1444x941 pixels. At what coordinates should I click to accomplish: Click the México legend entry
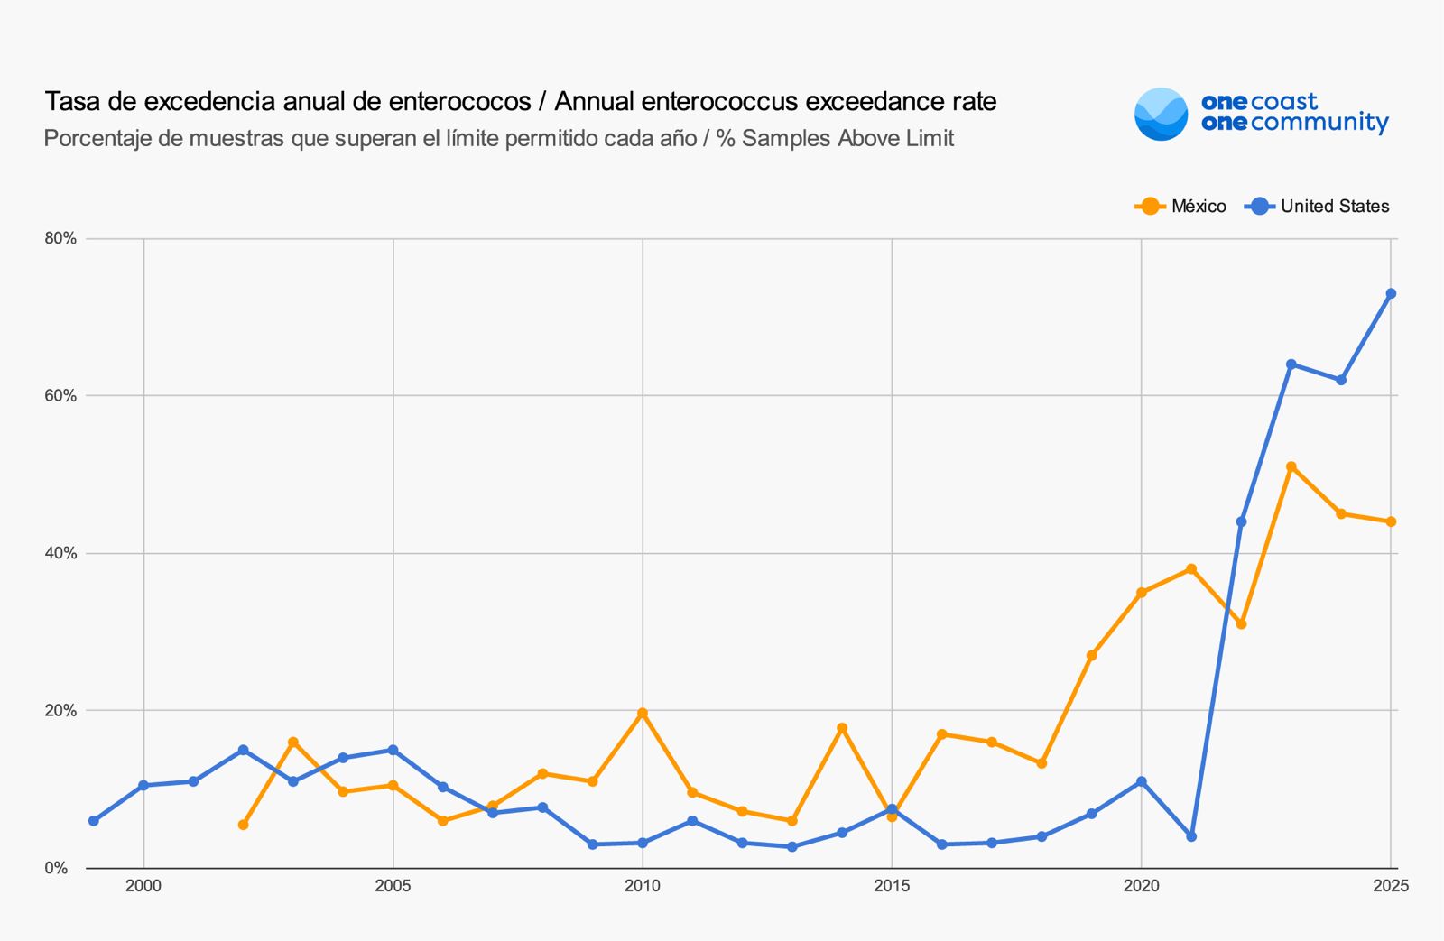click(1180, 207)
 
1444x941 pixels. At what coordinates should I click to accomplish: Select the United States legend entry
click(1317, 207)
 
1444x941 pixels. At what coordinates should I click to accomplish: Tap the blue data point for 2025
click(1391, 294)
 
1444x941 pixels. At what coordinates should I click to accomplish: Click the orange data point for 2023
click(1291, 467)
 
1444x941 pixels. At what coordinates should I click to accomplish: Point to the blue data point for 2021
click(1191, 836)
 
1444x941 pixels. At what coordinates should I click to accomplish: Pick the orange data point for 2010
click(643, 714)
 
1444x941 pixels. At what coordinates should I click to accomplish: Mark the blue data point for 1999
click(94, 821)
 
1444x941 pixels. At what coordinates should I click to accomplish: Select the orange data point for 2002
click(244, 825)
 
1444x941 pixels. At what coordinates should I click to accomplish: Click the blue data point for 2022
click(1241, 521)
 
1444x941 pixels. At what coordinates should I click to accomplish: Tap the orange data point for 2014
click(842, 728)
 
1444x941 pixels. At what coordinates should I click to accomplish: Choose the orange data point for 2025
click(1391, 521)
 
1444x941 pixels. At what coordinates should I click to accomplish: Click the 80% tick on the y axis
click(60, 239)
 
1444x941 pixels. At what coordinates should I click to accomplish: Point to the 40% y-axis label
click(60, 553)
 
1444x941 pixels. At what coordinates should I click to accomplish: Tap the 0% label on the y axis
click(56, 868)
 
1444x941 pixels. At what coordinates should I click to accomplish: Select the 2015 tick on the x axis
click(892, 886)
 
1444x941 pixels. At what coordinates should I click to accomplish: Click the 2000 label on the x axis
click(143, 886)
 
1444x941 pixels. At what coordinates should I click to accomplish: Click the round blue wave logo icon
click(1161, 115)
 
